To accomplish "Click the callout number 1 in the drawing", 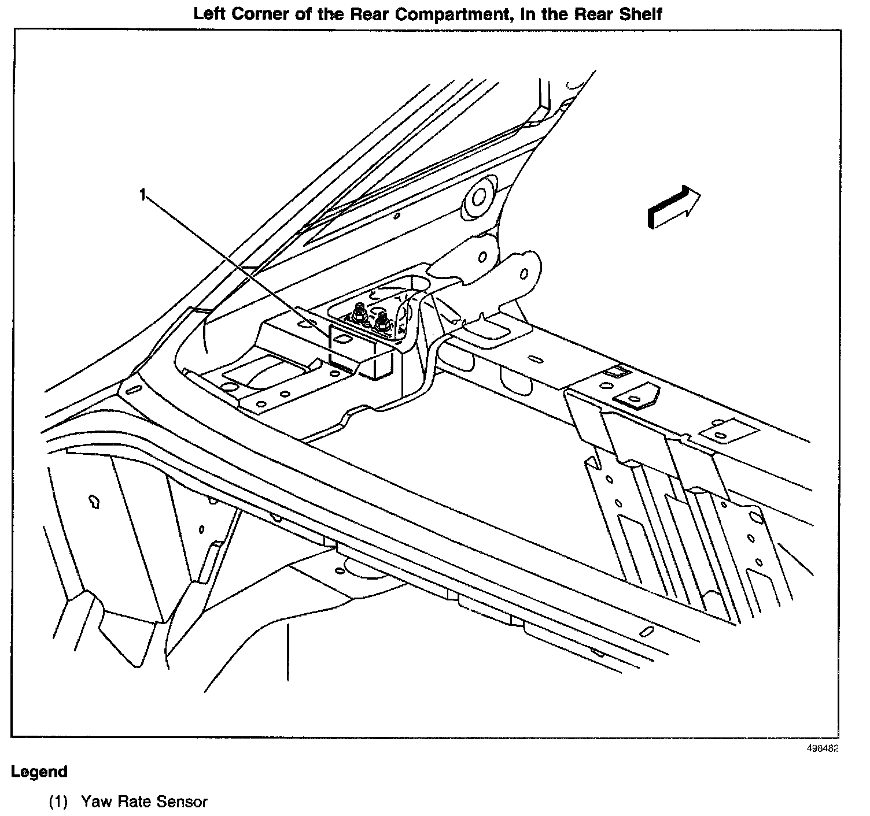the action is [x=142, y=195].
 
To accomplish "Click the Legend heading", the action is [x=39, y=772].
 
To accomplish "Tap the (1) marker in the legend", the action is [x=58, y=802].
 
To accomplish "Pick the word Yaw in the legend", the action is [x=93, y=802].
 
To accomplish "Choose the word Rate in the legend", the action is [x=131, y=802].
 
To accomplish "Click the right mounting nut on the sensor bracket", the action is [x=381, y=321].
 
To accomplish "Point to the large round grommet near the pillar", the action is [x=478, y=198].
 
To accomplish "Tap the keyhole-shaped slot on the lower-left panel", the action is [x=93, y=501].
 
